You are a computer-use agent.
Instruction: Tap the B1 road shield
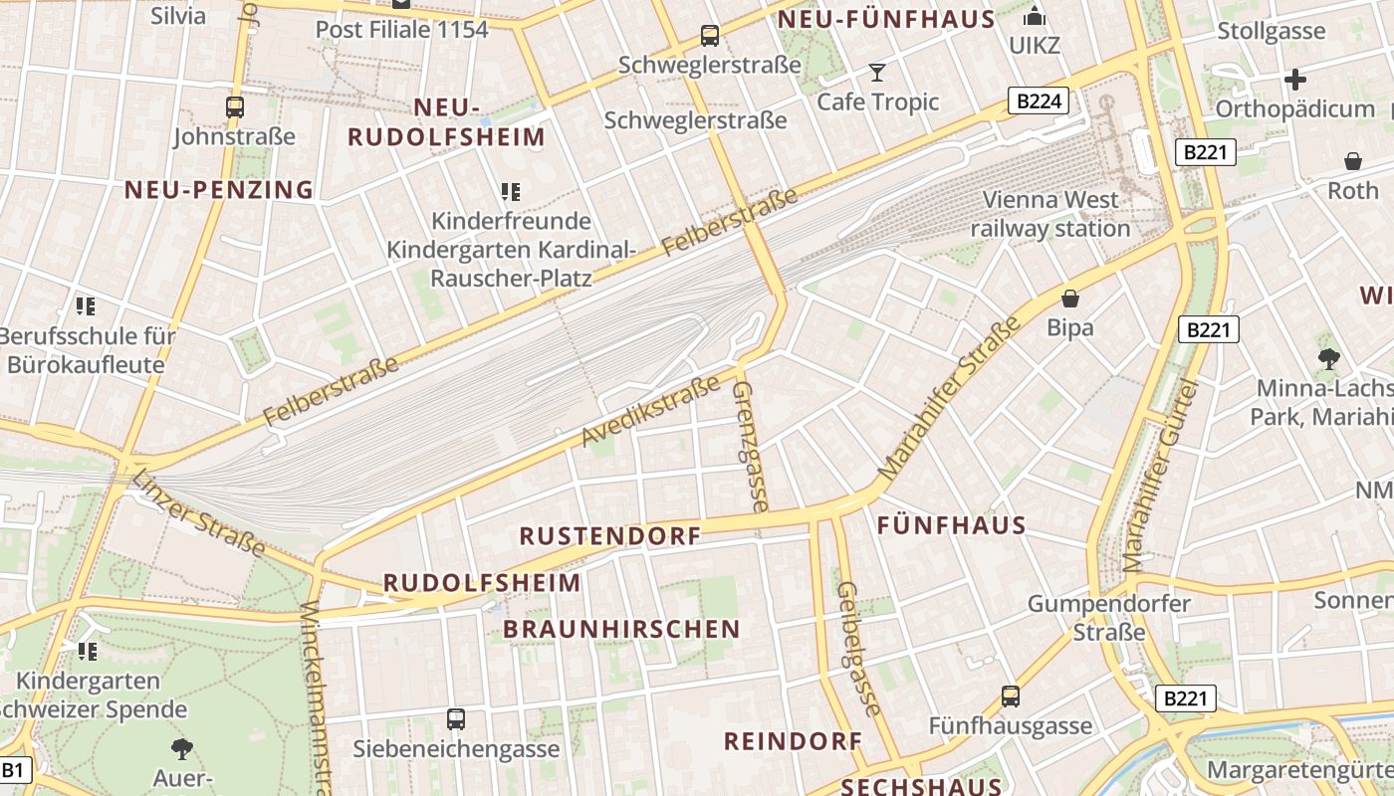[x=14, y=769]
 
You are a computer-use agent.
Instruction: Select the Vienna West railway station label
[x=1050, y=214]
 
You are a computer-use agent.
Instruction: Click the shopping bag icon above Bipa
[x=1070, y=298]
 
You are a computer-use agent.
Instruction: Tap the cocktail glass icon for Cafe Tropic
[x=877, y=72]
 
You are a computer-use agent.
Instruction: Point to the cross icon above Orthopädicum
[x=1294, y=79]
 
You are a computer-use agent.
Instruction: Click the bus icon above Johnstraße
[x=235, y=106]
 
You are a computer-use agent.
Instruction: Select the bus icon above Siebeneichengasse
[x=456, y=718]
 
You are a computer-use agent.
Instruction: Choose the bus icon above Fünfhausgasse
[x=1011, y=696]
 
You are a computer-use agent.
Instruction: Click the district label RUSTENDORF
[x=609, y=535]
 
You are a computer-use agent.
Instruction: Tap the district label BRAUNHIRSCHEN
[x=621, y=629]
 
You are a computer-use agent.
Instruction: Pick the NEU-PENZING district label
[x=219, y=189]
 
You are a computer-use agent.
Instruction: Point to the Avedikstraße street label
[x=650, y=411]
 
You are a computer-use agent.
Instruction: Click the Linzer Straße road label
[x=198, y=512]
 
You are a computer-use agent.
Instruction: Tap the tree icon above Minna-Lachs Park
[x=1328, y=357]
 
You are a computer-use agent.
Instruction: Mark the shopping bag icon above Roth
[x=1353, y=160]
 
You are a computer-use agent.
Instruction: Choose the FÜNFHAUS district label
[x=951, y=525]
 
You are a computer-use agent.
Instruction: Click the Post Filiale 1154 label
[x=401, y=29]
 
